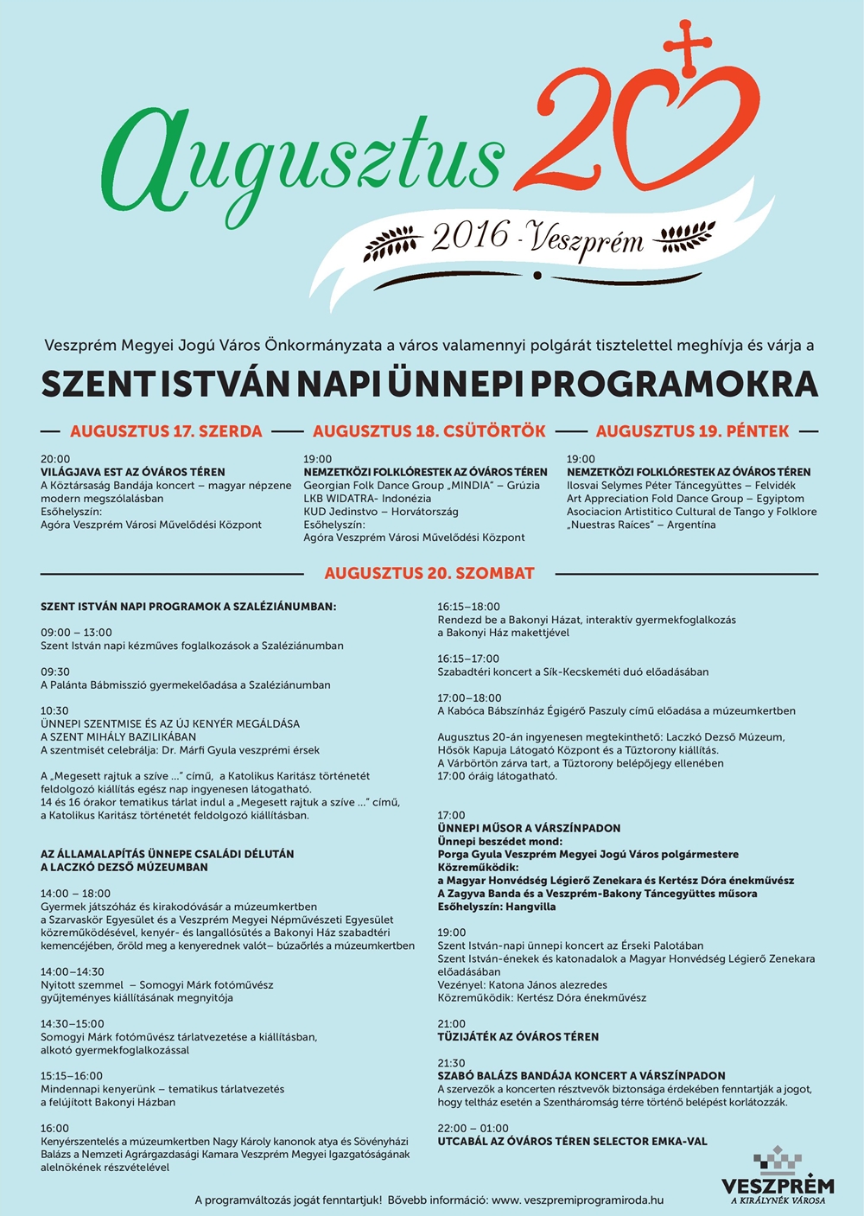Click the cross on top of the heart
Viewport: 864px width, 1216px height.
click(x=688, y=44)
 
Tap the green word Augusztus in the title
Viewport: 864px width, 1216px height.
click(x=302, y=160)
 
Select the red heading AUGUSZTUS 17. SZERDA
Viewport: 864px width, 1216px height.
click(x=166, y=431)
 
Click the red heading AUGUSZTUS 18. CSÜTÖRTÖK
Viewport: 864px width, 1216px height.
click(x=429, y=431)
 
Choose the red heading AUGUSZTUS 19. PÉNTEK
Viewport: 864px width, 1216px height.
click(x=692, y=431)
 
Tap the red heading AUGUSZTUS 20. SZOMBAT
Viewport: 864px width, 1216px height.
click(x=429, y=573)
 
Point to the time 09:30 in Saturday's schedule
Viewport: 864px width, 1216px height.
click(x=55, y=672)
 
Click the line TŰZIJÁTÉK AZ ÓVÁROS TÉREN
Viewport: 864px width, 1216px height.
click(x=518, y=1036)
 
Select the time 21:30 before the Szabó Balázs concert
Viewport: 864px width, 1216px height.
click(x=451, y=1063)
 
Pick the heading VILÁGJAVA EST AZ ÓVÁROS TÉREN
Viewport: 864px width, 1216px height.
click(x=133, y=472)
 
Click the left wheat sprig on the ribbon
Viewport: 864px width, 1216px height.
click(x=393, y=245)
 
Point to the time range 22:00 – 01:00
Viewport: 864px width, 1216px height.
click(x=473, y=1128)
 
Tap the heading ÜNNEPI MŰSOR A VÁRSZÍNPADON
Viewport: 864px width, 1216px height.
click(x=529, y=828)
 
